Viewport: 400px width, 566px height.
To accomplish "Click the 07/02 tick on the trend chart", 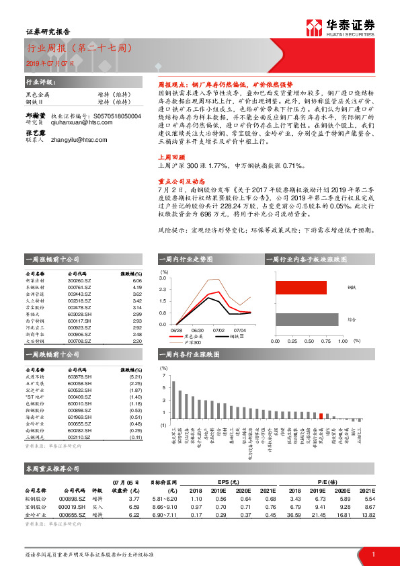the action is click(218, 330).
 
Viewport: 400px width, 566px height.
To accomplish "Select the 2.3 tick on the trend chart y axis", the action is click(163, 289).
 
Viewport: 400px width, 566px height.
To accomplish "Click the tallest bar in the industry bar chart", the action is click(173, 403).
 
